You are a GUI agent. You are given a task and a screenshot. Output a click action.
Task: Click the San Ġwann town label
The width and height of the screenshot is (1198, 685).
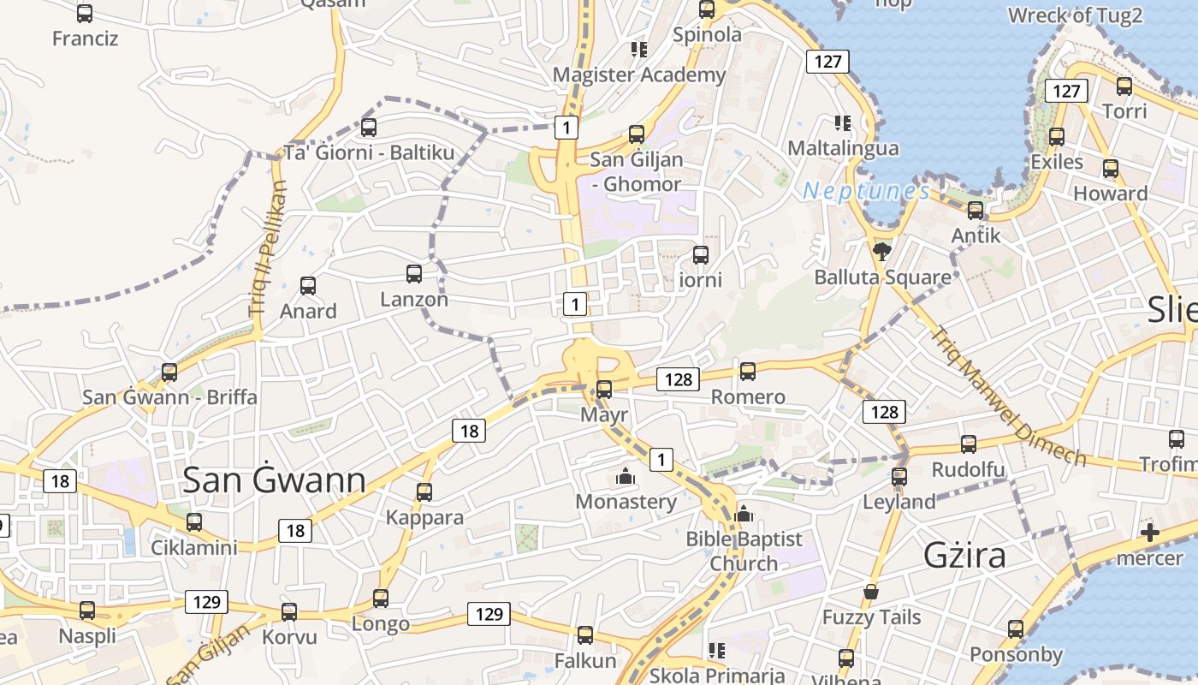[x=275, y=480]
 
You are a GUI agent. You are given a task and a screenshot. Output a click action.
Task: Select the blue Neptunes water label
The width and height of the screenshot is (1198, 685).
[x=866, y=191]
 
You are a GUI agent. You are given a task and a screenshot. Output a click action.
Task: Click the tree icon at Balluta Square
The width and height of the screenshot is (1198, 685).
[x=881, y=251]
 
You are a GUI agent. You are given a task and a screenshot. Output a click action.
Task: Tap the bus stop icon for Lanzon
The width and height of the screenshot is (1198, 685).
[x=414, y=274]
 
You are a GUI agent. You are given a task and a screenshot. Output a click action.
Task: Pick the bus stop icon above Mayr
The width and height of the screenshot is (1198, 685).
[x=604, y=389]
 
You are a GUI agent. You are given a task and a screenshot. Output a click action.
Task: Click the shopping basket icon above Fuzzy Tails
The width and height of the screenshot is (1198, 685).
[x=871, y=592]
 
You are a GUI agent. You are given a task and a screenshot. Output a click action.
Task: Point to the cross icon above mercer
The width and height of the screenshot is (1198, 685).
[x=1150, y=533]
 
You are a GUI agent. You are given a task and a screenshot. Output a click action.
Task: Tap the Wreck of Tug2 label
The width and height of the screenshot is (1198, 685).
[x=1075, y=15]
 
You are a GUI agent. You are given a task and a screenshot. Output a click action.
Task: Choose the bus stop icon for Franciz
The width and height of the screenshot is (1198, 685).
[x=85, y=14]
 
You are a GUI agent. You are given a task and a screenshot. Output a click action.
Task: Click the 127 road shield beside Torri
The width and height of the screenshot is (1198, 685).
[x=1065, y=91]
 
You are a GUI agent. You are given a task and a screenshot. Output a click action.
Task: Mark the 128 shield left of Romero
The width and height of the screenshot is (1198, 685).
[x=679, y=378]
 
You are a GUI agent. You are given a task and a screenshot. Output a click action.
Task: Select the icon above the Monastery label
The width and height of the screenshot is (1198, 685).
[x=626, y=476]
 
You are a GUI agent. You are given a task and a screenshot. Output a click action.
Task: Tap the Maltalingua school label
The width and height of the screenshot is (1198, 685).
[x=843, y=148]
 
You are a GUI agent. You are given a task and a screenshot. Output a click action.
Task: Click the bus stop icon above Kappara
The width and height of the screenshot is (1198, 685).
[x=424, y=492]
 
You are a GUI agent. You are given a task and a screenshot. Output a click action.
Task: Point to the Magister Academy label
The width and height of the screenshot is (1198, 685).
[x=638, y=74]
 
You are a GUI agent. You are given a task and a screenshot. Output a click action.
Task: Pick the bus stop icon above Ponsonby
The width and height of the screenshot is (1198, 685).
[x=1016, y=629]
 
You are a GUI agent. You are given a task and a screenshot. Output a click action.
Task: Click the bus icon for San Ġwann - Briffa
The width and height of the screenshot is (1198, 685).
[x=169, y=372]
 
